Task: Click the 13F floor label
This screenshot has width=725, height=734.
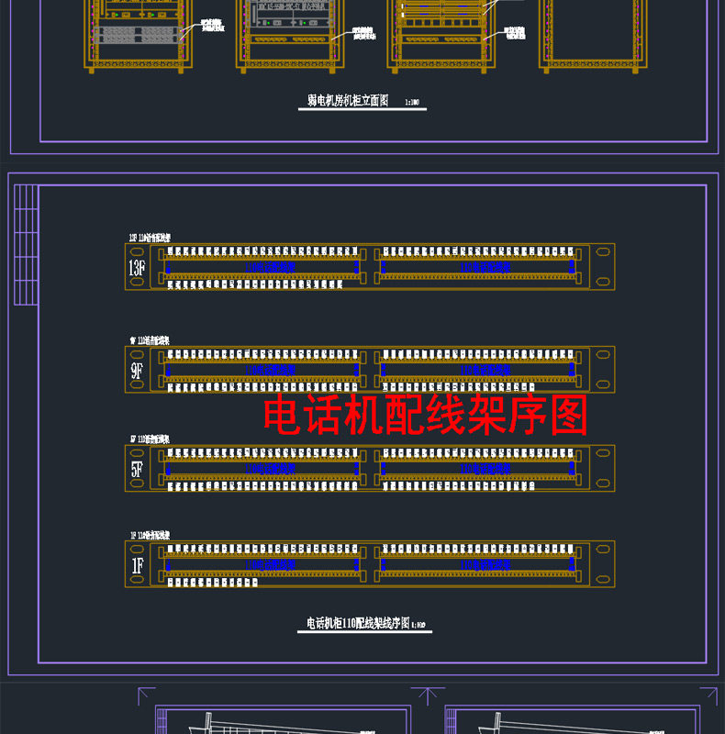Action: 137,268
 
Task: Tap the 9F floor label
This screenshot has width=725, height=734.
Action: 137,371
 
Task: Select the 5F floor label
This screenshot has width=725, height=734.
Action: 137,470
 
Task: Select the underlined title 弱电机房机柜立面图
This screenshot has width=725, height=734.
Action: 348,102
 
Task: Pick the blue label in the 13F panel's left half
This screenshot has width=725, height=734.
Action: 265,266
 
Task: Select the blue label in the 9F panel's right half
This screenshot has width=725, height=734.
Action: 483,369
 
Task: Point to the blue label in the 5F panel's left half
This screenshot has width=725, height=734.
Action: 265,468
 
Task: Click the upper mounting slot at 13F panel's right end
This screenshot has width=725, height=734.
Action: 602,250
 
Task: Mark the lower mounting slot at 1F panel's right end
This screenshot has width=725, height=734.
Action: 602,580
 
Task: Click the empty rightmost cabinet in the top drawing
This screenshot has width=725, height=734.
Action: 588,32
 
